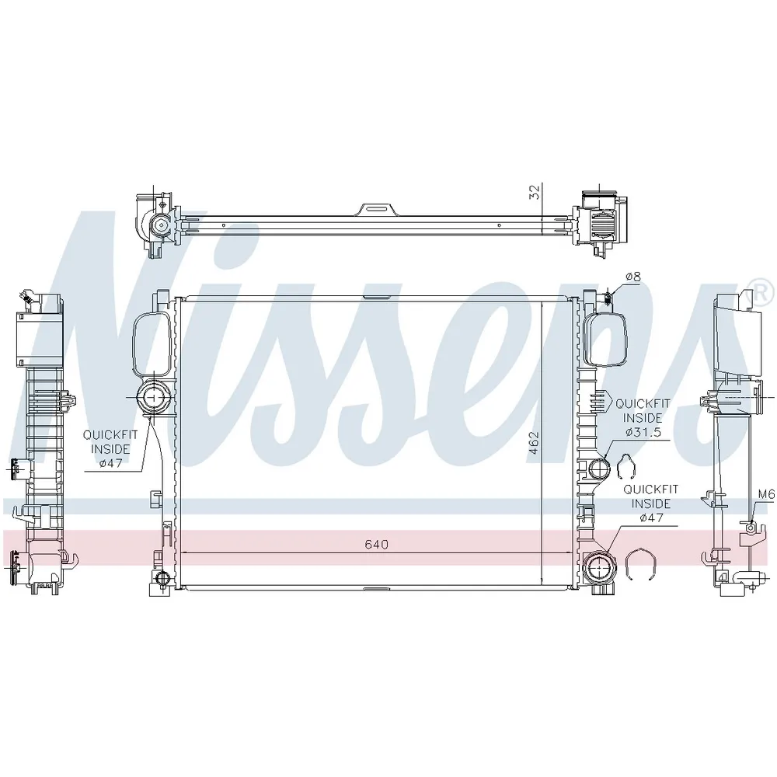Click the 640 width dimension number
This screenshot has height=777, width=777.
pyautogui.click(x=377, y=545)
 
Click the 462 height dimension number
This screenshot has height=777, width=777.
pyautogui.click(x=534, y=444)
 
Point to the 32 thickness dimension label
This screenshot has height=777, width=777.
pyautogui.click(x=535, y=192)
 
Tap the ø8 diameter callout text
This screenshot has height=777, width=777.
pyautogui.click(x=632, y=277)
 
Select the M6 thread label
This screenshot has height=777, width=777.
pyautogui.click(x=766, y=494)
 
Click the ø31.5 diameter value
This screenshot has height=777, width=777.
pyautogui.click(x=643, y=432)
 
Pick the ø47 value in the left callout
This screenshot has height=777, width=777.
pyautogui.click(x=110, y=463)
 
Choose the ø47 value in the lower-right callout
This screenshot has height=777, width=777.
pyautogui.click(x=651, y=517)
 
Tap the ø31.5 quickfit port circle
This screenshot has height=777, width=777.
pyautogui.click(x=601, y=467)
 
